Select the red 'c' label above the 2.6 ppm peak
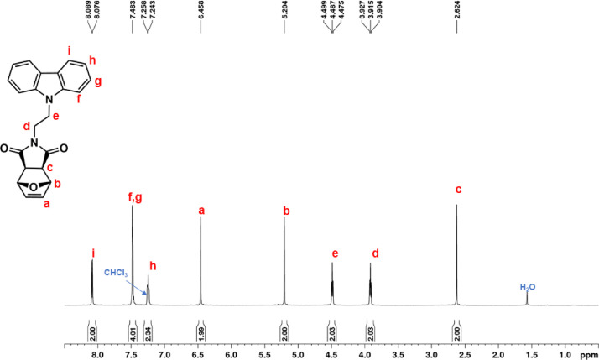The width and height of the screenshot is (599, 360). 457,188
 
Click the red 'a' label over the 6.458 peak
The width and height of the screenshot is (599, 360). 201,211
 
